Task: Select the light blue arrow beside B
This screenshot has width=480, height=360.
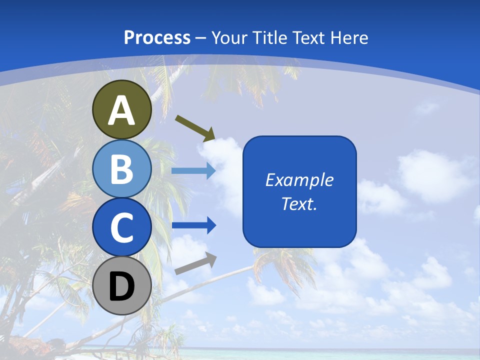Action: click(193, 171)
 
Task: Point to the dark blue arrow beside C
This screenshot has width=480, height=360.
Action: click(193, 225)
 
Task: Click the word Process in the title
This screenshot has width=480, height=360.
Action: click(157, 37)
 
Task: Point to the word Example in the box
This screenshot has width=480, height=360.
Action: click(299, 180)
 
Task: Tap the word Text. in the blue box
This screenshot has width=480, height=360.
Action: click(299, 203)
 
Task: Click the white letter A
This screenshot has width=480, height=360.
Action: click(121, 111)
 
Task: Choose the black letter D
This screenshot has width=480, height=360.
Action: click(121, 287)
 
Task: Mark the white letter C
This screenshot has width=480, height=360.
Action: click(121, 228)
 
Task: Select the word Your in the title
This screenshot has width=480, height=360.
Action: click(229, 37)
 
